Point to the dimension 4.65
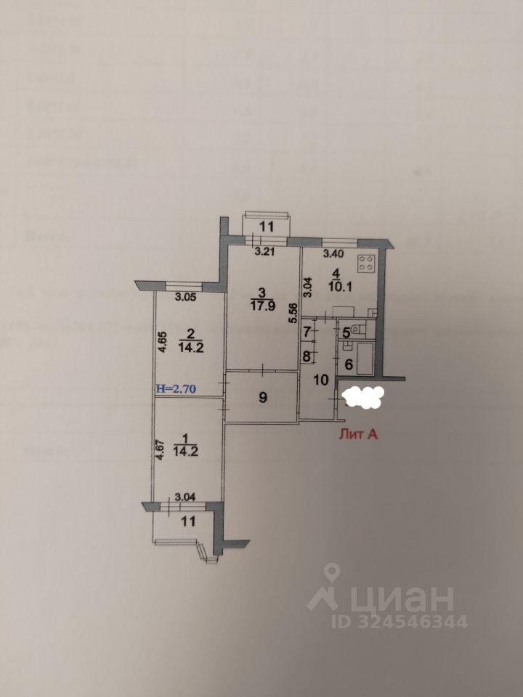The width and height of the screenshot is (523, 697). click(x=163, y=341)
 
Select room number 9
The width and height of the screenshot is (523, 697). click(x=264, y=397)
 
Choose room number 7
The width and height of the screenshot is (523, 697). click(x=308, y=332)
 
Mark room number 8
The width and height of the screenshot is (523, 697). click(x=308, y=356)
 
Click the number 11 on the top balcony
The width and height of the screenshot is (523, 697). click(x=267, y=227)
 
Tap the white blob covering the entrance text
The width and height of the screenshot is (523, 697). click(x=362, y=396)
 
